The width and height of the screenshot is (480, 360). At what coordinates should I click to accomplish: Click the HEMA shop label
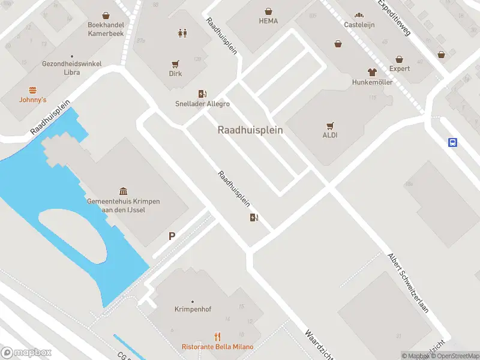(268, 20)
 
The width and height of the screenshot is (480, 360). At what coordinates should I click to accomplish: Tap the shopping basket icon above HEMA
(268, 11)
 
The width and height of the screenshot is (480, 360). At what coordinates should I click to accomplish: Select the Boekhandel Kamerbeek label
(105, 29)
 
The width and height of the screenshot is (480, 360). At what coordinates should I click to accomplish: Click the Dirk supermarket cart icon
(175, 64)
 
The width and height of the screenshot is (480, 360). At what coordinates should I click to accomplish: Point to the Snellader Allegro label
(202, 104)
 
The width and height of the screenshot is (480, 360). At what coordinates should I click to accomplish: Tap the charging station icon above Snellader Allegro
(202, 94)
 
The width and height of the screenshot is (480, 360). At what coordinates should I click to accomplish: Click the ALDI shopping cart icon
(330, 125)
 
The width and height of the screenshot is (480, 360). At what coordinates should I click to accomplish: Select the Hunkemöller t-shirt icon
(372, 72)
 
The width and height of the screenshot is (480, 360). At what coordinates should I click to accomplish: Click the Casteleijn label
(359, 25)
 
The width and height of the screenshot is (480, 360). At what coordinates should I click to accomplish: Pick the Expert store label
(400, 68)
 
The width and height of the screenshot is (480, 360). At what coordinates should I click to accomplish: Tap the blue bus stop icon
(453, 142)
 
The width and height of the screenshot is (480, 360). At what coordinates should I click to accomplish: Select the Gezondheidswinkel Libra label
(72, 68)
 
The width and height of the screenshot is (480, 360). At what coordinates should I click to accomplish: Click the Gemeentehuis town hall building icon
(124, 191)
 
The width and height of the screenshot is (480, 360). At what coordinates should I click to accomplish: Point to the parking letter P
(172, 237)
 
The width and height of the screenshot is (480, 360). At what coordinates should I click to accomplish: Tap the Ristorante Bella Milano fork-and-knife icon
(218, 337)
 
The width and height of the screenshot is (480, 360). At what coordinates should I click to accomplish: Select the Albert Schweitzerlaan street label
(408, 281)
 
